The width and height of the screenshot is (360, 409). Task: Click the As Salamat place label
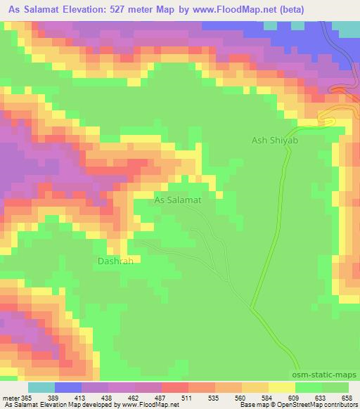[x=178, y=200]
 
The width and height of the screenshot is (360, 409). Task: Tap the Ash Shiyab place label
[x=276, y=141]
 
